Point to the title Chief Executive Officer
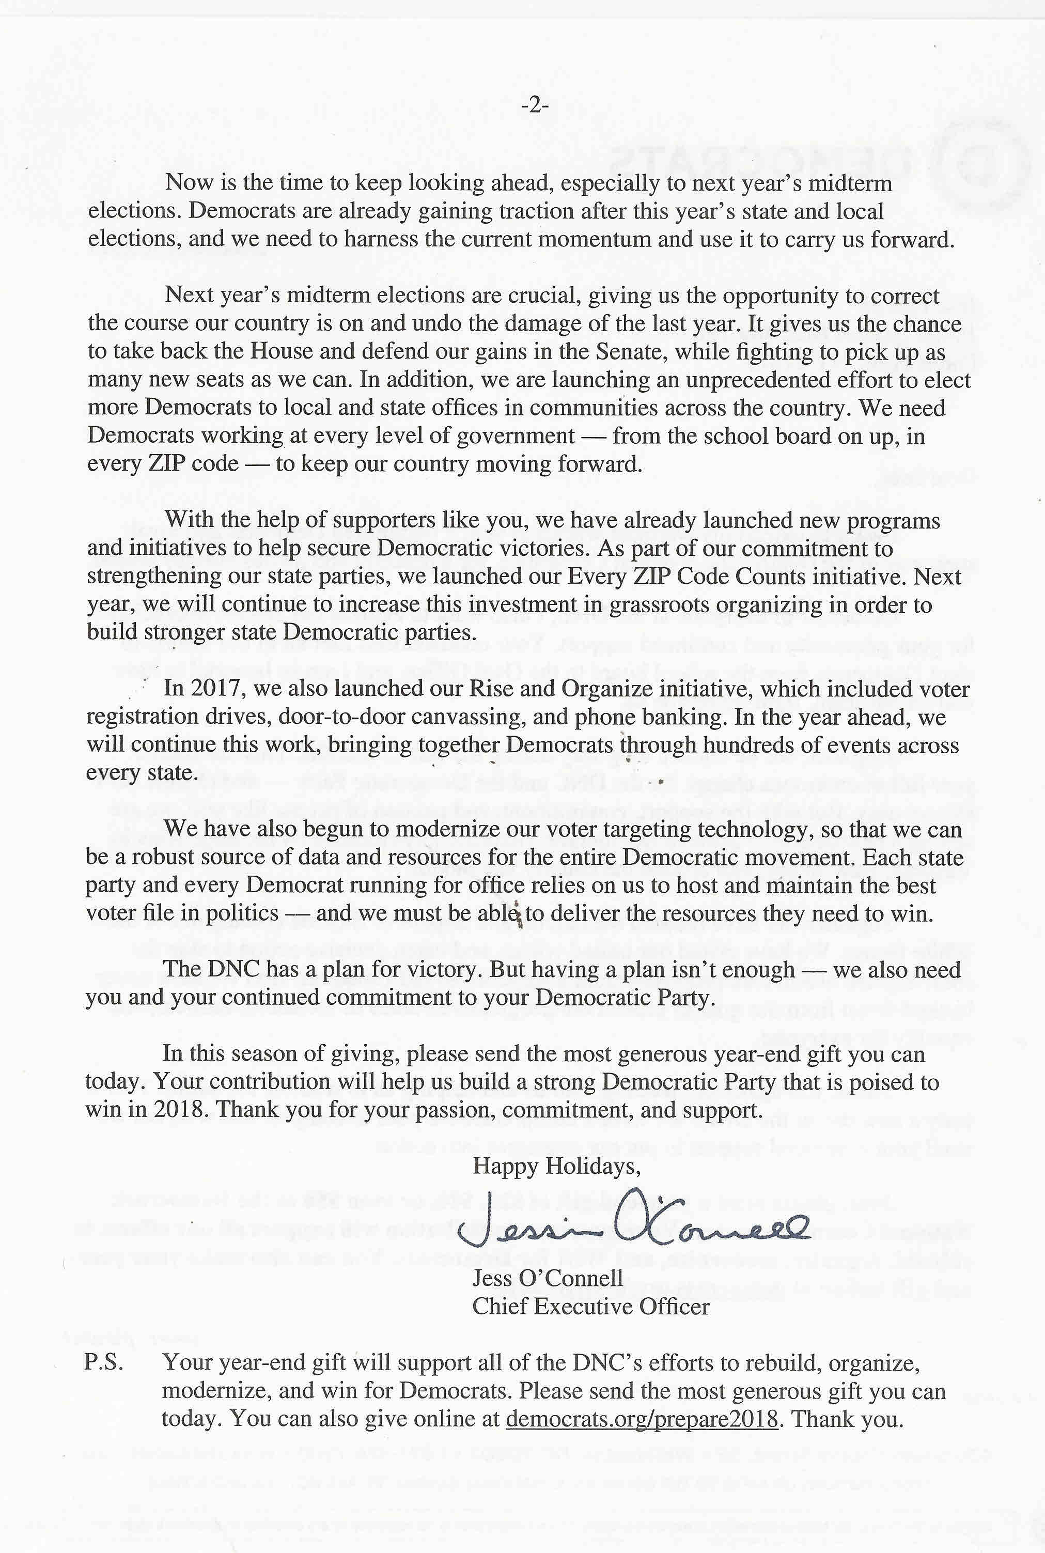pyautogui.click(x=590, y=1307)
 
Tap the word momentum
pyautogui.click(x=595, y=240)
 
